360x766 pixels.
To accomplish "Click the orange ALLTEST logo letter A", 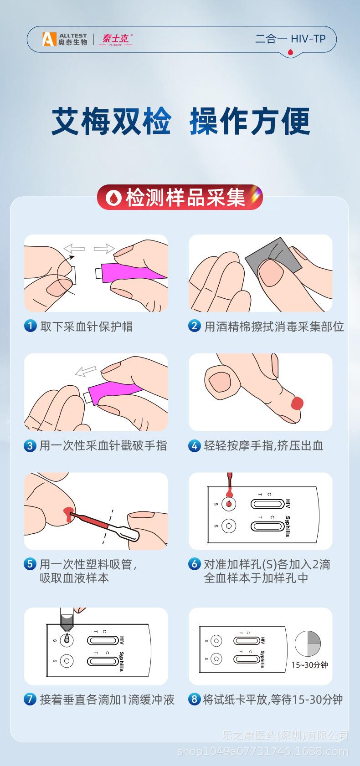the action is [x=49, y=39].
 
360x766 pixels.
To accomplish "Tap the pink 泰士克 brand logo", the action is [x=116, y=39].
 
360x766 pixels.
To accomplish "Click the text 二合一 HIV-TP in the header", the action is [x=290, y=39].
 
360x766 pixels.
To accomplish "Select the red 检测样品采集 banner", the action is [x=180, y=197].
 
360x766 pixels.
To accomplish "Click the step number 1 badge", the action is [x=30, y=326].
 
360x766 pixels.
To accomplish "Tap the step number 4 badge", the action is [x=195, y=445].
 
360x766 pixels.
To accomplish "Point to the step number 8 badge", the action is [x=195, y=699].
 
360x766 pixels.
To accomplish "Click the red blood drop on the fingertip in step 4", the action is [x=297, y=403].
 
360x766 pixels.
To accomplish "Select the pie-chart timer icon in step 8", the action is [x=308, y=643].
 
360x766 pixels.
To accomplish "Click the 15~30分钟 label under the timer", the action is [x=309, y=665].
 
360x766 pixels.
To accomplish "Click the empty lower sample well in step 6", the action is [x=229, y=526].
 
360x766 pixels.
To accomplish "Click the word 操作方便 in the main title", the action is [x=250, y=121].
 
